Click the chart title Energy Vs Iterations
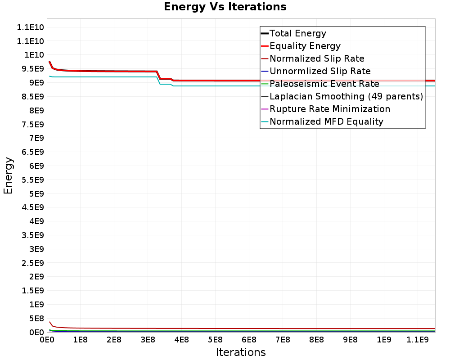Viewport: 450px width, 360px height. point(225,7)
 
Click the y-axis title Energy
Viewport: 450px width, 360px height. point(8,175)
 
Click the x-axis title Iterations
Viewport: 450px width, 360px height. point(241,352)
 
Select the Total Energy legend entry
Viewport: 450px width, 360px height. point(298,33)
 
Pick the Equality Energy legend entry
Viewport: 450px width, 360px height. point(305,46)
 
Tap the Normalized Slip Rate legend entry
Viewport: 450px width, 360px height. point(317,58)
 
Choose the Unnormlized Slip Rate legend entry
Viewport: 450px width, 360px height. point(320,71)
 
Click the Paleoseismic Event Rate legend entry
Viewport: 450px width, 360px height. point(324,84)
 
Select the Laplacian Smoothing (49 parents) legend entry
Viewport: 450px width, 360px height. point(346,96)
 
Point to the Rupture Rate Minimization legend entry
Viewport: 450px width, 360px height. point(330,109)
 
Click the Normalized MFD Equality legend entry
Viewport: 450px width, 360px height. point(326,121)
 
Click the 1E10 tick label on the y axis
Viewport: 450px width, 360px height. point(31,55)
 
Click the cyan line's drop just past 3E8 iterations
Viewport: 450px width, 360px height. point(158,81)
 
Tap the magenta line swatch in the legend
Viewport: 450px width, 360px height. point(265,109)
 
